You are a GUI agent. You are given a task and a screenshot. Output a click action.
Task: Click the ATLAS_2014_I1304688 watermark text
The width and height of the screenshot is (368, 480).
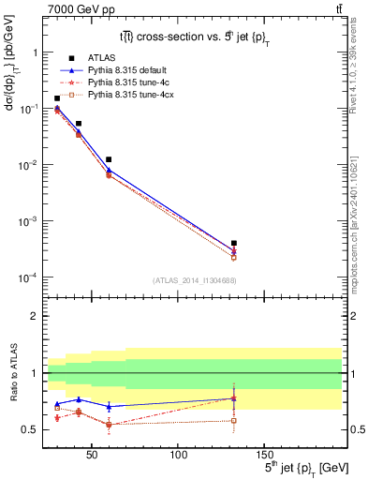(193, 280)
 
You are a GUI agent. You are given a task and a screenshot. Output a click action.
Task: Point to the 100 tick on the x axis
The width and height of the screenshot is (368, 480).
(178, 455)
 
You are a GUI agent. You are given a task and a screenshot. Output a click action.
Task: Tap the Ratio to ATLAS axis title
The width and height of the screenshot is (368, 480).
(12, 372)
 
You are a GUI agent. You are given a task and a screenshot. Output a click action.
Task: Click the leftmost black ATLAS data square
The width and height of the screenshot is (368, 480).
(57, 98)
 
